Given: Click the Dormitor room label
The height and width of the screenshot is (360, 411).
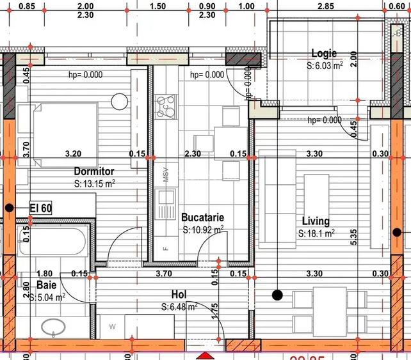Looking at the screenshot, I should [x=93, y=171].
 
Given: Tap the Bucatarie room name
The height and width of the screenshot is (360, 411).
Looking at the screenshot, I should [x=202, y=217].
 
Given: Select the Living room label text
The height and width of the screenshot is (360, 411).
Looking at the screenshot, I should [x=316, y=221].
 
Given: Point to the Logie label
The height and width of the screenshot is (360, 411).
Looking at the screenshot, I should [x=323, y=54].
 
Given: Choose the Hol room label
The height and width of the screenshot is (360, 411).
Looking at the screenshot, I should [x=179, y=294].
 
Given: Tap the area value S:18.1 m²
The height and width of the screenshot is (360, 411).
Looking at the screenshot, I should [x=316, y=234].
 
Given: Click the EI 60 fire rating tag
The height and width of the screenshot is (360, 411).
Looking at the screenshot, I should [x=41, y=208].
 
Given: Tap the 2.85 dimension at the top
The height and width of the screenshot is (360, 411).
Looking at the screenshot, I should [x=325, y=6].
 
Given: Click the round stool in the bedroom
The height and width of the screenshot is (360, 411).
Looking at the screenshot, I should [x=119, y=102].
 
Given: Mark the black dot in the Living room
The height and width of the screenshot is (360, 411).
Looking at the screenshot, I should [x=277, y=295].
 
